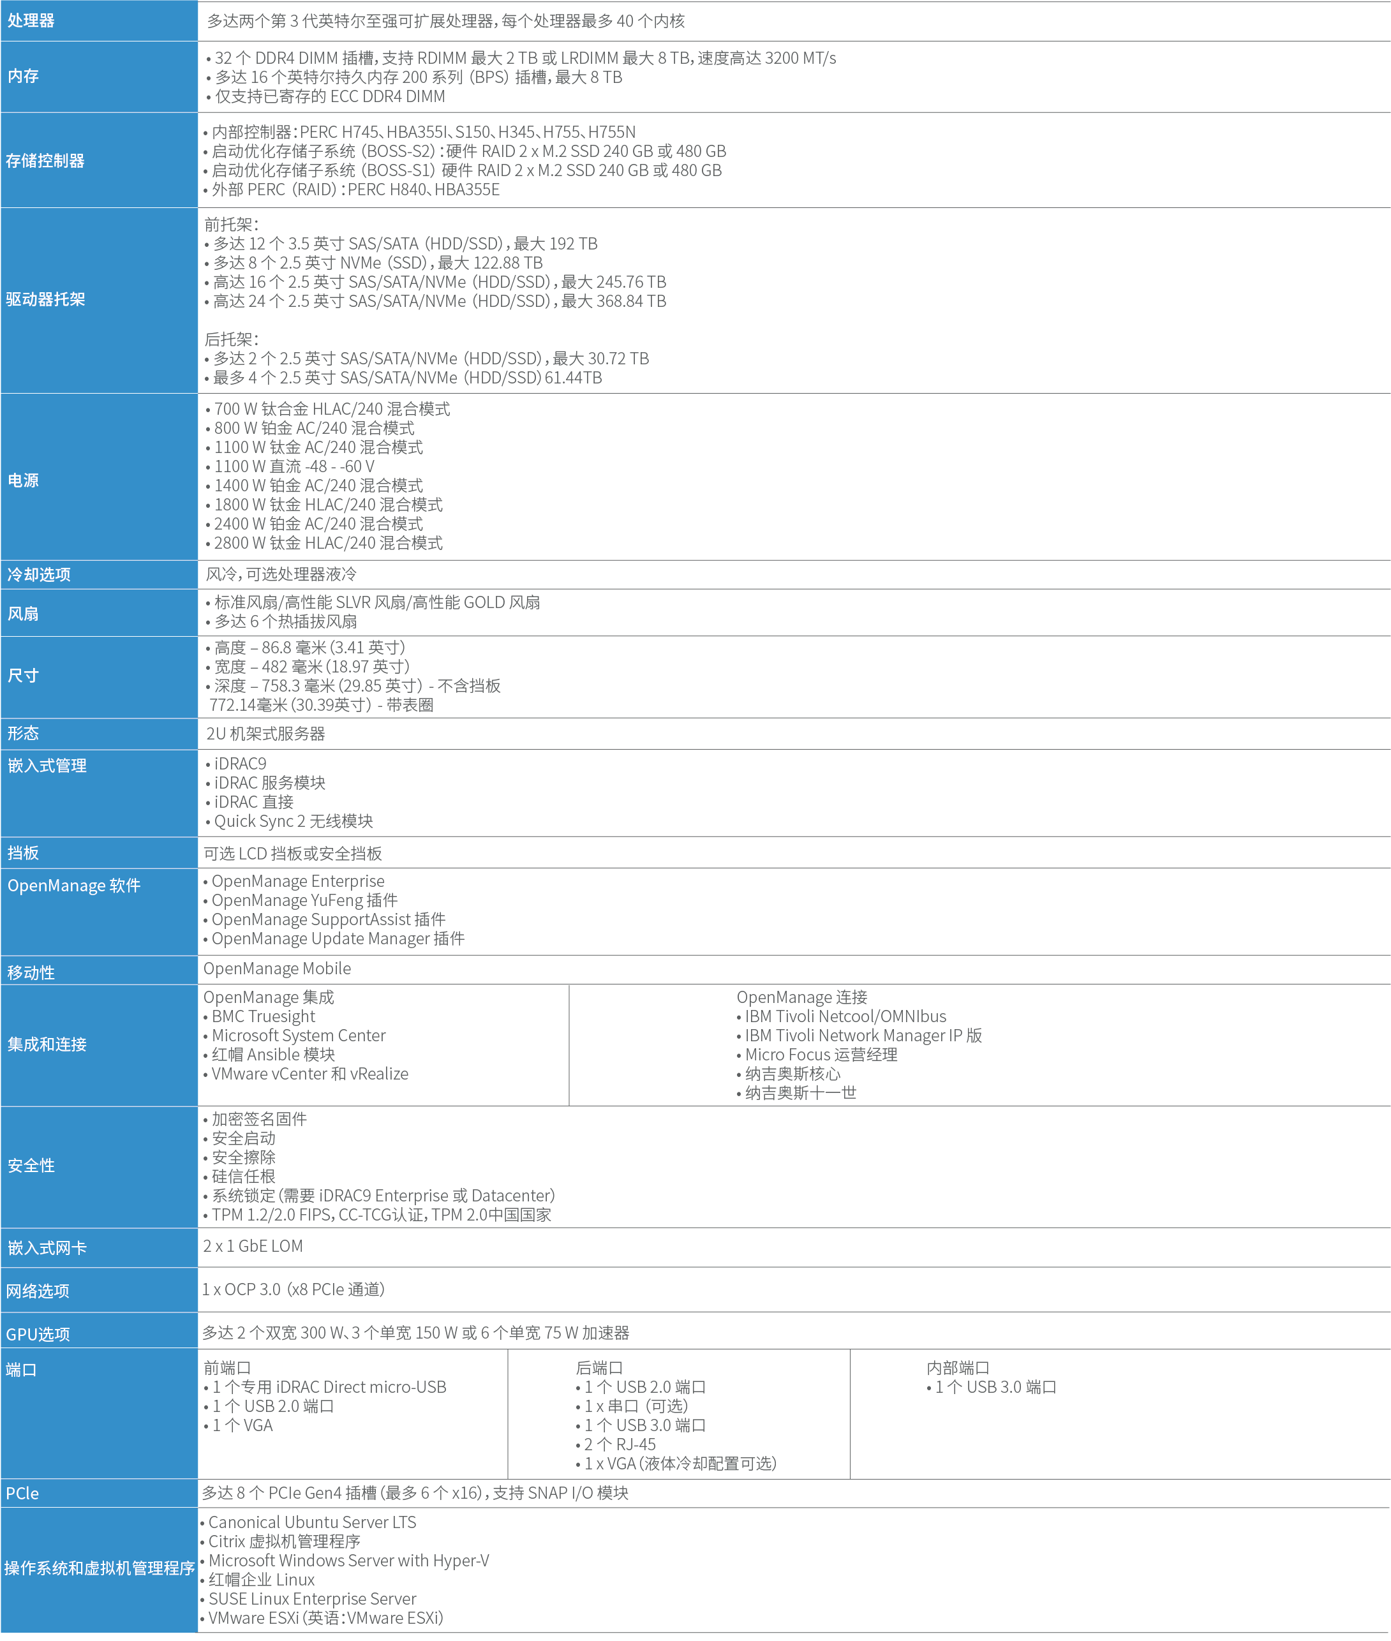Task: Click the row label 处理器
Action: (x=31, y=20)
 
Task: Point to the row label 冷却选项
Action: (x=39, y=575)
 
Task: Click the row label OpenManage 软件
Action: (x=73, y=886)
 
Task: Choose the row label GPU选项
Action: (x=38, y=1334)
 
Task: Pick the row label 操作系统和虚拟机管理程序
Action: (x=100, y=1568)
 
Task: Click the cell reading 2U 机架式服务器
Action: (x=265, y=734)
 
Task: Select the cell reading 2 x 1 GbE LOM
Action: (x=252, y=1246)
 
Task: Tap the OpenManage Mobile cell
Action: (x=277, y=969)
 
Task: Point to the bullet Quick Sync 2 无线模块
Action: (x=294, y=821)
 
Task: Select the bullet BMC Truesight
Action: (x=263, y=1016)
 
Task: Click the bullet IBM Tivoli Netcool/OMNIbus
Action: (x=845, y=1016)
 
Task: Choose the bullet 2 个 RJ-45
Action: (x=619, y=1444)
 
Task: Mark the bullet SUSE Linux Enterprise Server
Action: (x=311, y=1598)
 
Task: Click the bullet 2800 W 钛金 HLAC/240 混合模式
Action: (x=328, y=544)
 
